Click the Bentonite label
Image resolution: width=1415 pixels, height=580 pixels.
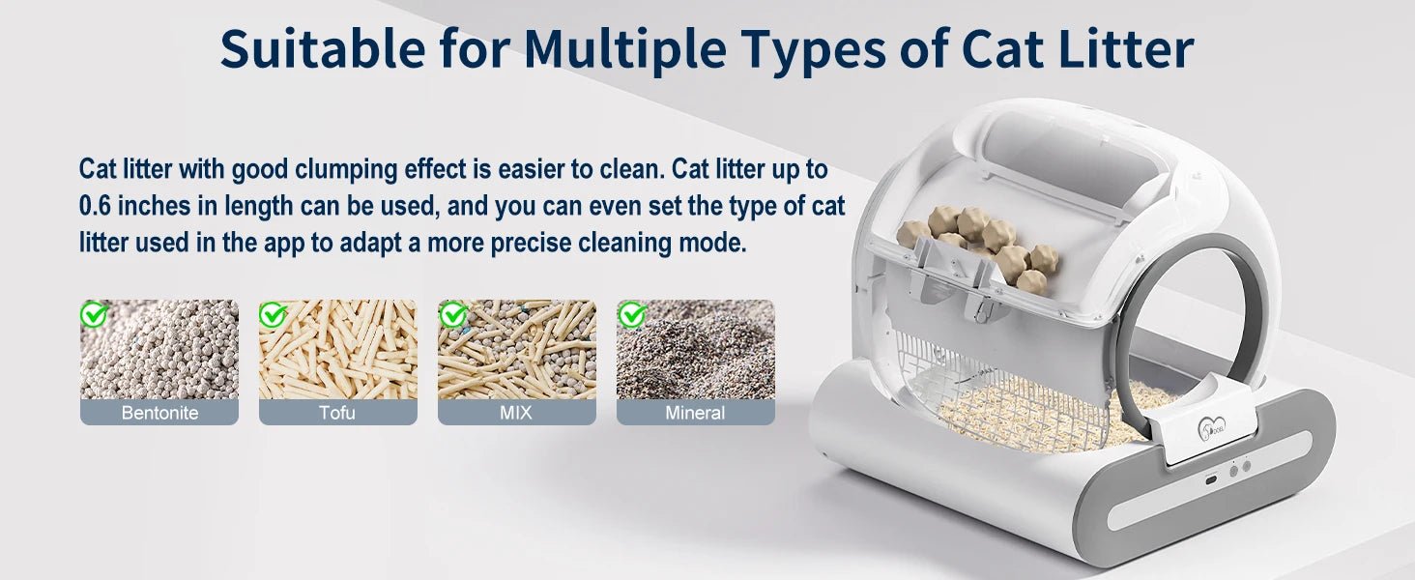pos(159,413)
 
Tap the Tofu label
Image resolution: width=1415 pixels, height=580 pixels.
pos(337,413)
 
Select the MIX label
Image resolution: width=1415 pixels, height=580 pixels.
pos(516,413)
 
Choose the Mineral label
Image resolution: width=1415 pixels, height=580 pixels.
pos(695,413)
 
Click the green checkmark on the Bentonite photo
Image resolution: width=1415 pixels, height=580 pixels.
pos(94,314)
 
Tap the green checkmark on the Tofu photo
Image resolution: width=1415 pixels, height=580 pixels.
pos(273,314)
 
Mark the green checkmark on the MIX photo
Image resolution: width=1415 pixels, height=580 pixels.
pos(452,314)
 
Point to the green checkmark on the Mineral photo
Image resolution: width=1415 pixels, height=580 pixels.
pos(631,314)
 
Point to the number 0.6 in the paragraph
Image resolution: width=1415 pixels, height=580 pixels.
pos(98,206)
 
